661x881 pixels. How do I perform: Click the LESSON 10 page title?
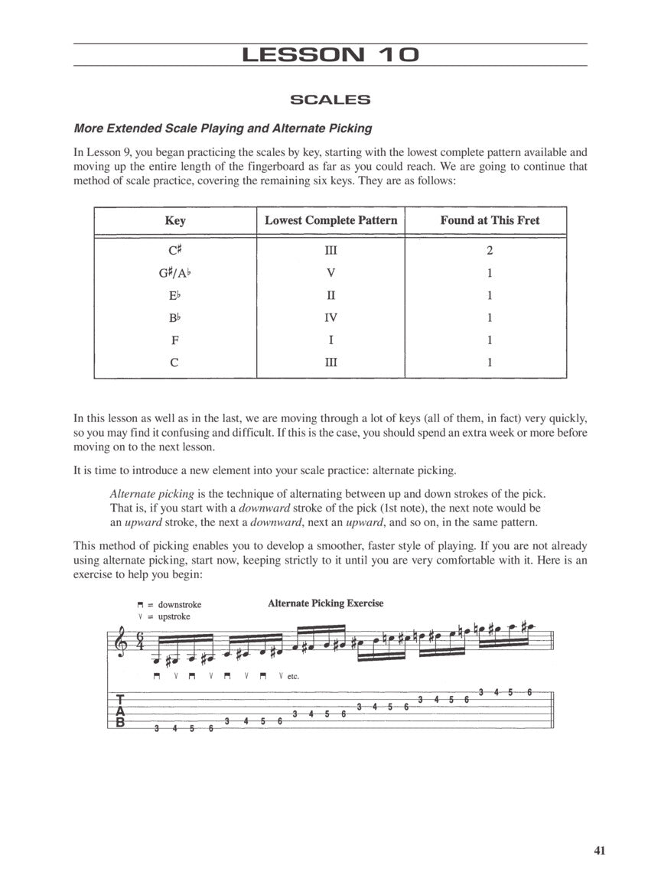[x=330, y=55]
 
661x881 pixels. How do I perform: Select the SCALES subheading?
[x=330, y=99]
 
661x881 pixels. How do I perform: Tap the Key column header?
[x=174, y=220]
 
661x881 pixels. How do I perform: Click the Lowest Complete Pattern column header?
[x=330, y=220]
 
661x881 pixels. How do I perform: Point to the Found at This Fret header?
[x=490, y=220]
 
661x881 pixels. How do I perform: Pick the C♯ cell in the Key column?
[x=174, y=250]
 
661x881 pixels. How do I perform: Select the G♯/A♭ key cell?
[x=174, y=273]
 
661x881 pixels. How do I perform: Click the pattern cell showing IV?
[x=330, y=318]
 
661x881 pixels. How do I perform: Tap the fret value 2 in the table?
[x=490, y=250]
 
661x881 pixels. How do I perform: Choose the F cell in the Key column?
[x=174, y=340]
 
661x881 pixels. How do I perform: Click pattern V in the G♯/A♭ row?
[x=330, y=273]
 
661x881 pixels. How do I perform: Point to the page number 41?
[x=599, y=850]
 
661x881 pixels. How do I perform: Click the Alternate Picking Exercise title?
[x=325, y=603]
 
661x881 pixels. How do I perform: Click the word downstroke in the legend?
[x=180, y=605]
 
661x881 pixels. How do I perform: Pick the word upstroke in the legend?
[x=174, y=616]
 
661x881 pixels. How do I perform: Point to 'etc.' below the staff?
[x=293, y=676]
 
